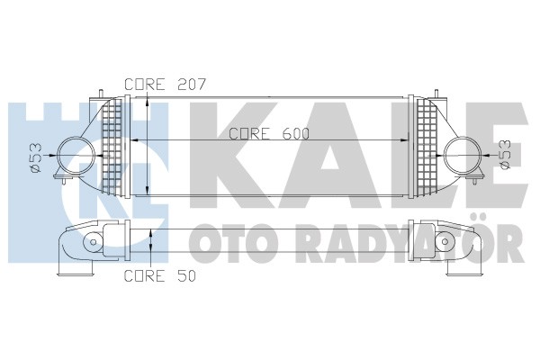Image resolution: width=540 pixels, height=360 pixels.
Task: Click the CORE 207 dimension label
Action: (165, 85)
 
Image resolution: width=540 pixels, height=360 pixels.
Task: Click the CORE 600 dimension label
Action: (269, 134)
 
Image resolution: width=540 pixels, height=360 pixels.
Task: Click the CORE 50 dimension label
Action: (160, 275)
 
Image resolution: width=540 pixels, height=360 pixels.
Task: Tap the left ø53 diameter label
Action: (36, 157)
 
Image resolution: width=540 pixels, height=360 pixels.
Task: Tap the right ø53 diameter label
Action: (504, 154)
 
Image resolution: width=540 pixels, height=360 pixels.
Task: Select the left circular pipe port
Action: (76, 155)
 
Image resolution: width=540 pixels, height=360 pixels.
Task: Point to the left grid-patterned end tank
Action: (112, 147)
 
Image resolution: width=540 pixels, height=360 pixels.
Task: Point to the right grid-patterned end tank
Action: (427, 147)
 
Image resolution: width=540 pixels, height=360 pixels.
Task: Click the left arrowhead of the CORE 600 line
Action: (134, 140)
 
